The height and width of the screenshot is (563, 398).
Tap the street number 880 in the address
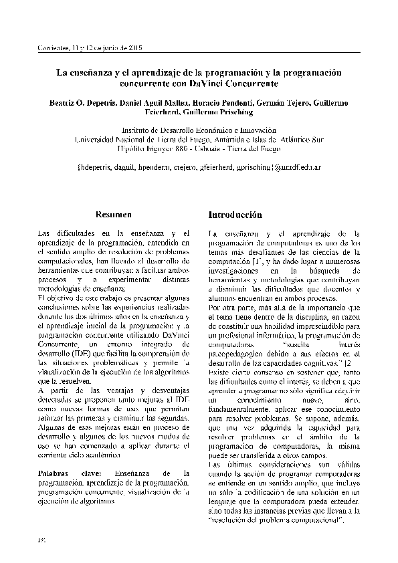[x=184, y=149]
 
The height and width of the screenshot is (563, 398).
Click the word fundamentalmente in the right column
[x=239, y=407]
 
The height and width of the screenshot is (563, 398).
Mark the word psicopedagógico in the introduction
[x=241, y=353]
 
